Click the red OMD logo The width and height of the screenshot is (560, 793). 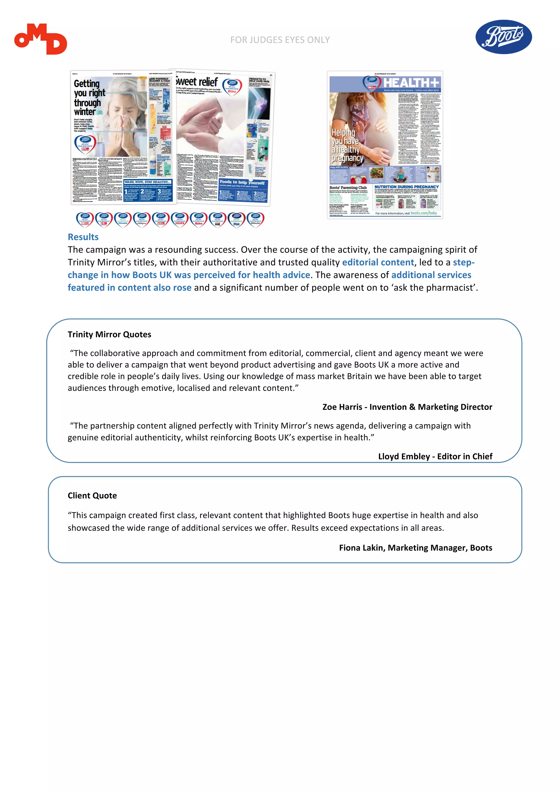(x=40, y=39)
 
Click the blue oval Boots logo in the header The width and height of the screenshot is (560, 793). (x=503, y=37)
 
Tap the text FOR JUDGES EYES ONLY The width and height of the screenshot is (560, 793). (x=280, y=40)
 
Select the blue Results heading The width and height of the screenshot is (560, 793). (x=83, y=237)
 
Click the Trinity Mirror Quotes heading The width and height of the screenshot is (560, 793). (x=109, y=334)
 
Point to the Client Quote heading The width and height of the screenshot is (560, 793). (x=92, y=496)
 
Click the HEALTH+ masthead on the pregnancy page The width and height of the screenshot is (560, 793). (x=411, y=83)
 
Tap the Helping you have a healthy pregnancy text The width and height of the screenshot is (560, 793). (x=346, y=145)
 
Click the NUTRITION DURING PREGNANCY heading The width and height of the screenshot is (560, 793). (x=406, y=187)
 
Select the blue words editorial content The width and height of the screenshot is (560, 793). (x=378, y=262)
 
